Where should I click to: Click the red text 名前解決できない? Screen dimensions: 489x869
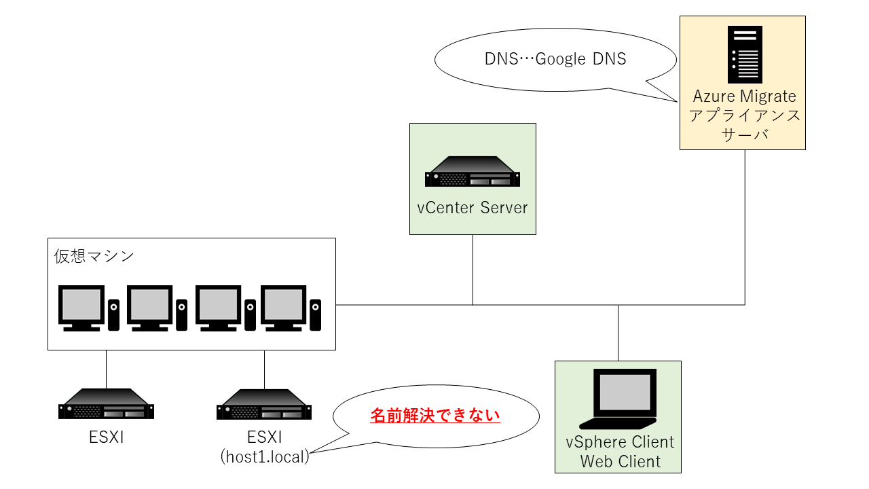(435, 415)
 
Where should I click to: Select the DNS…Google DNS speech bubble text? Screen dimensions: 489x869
(555, 59)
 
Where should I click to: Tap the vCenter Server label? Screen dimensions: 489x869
(473, 207)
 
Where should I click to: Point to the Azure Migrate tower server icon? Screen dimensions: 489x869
(744, 54)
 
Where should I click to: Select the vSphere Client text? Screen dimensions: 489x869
(620, 442)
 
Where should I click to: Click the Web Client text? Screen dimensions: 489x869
(620, 462)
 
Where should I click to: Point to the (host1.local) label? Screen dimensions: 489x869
(265, 456)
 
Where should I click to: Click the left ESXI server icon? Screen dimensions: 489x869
(106, 405)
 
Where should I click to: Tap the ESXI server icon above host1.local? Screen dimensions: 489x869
(264, 405)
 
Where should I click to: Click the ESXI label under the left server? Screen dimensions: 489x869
(106, 437)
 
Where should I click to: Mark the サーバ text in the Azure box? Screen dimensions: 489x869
(744, 134)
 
